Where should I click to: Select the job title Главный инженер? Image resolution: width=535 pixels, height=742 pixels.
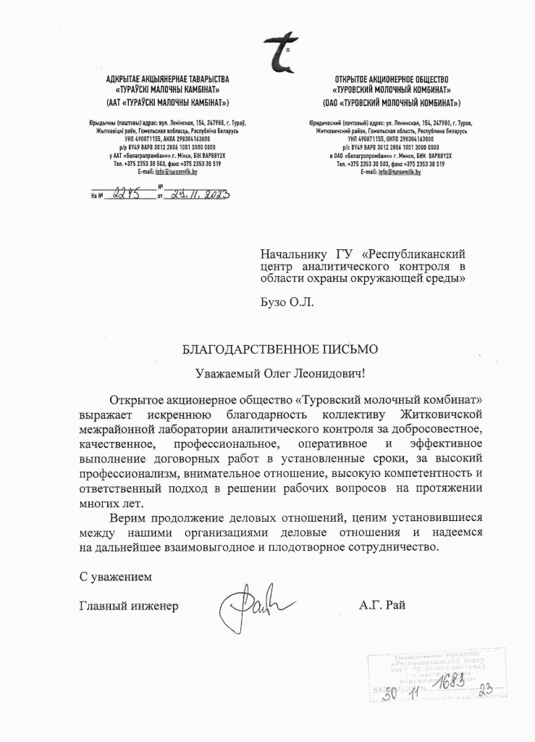(128, 605)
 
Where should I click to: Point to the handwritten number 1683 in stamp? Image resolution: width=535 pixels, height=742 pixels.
(450, 683)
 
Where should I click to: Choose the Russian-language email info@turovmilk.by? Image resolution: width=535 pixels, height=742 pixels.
(401, 172)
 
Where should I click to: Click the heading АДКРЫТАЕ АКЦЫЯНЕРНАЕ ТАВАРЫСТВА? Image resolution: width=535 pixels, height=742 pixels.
(167, 78)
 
